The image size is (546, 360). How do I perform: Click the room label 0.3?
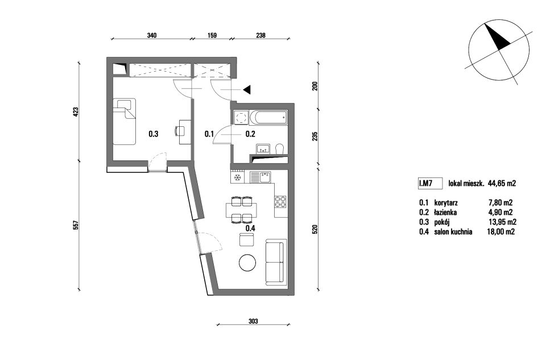153,134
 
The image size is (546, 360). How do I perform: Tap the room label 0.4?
250,229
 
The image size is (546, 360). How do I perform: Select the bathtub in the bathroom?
269,117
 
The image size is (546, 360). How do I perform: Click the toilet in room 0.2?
280,149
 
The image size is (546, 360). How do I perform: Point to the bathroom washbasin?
263,148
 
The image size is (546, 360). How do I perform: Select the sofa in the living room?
276,262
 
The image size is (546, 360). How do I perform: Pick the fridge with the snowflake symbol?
238,177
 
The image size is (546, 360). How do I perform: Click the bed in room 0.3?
124,122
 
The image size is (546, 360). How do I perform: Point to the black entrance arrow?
247,90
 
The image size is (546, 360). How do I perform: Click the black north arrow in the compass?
497,36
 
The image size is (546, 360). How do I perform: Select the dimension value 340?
152,35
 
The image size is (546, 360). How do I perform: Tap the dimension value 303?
253,321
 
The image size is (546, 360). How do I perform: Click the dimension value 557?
77,225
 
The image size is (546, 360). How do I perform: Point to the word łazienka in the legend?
445,212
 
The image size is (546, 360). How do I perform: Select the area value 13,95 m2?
502,222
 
